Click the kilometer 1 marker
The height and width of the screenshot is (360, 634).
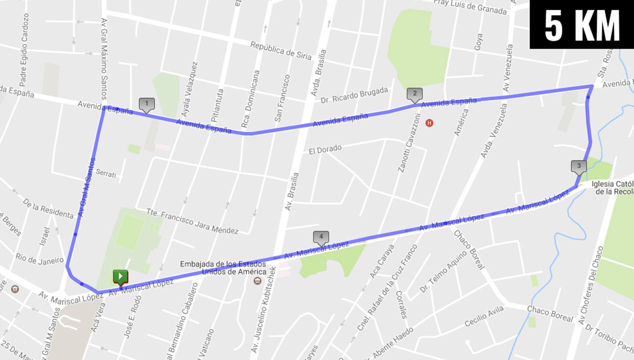(x=146, y=104)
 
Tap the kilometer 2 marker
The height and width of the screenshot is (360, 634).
(x=415, y=95)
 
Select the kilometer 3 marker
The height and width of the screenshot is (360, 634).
(x=579, y=167)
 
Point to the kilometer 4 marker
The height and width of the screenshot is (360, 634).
(x=321, y=237)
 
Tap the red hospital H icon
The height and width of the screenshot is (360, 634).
(x=430, y=123)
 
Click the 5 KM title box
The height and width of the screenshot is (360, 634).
(x=582, y=24)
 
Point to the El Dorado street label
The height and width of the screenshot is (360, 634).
(x=325, y=150)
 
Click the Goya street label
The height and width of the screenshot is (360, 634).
(x=478, y=41)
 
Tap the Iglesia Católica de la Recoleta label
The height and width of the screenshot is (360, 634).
(x=613, y=188)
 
